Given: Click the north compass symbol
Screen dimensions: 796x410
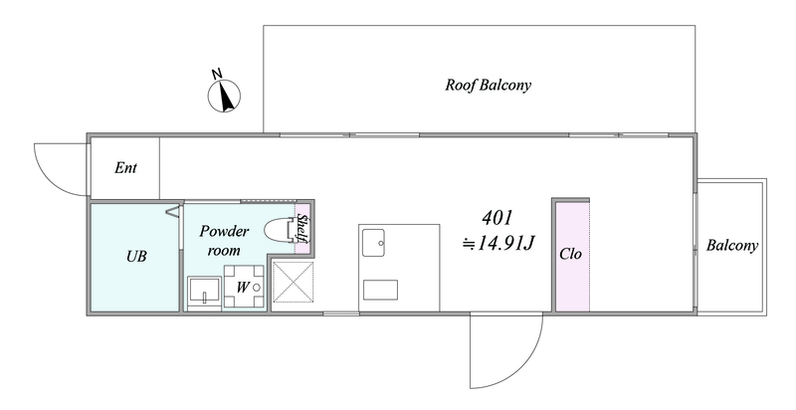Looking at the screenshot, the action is [224, 96].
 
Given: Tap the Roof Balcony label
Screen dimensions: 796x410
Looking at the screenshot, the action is [488, 85].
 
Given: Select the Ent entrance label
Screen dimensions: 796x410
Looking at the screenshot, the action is [125, 168].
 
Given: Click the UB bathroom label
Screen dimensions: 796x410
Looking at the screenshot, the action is [136, 257].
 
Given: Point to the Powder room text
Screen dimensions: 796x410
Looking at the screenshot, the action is [224, 241].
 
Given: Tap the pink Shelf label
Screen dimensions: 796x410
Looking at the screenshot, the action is [302, 229].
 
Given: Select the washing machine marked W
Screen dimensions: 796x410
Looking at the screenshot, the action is [244, 287].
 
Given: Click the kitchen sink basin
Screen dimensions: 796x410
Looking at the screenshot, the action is [373, 243].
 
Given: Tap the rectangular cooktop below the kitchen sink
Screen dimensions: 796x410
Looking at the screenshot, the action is [380, 290].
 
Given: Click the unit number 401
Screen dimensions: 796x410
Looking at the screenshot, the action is [497, 218].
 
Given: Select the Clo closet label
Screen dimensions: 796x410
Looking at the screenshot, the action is [570, 254].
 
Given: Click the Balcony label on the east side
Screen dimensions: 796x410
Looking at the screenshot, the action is [732, 246].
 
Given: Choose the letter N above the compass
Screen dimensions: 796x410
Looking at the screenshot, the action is [217, 74].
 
